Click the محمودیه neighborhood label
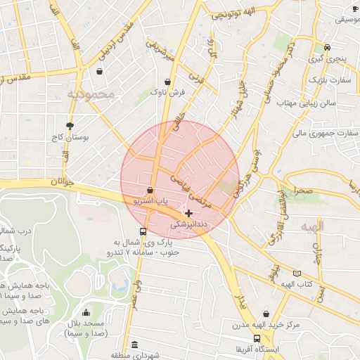click(x=91, y=94)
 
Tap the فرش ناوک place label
click(x=172, y=92)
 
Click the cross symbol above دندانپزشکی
click(x=188, y=212)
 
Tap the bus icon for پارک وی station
click(x=143, y=231)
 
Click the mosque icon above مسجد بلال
click(x=86, y=313)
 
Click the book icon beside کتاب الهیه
click(x=297, y=273)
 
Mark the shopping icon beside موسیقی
click(x=355, y=8)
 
